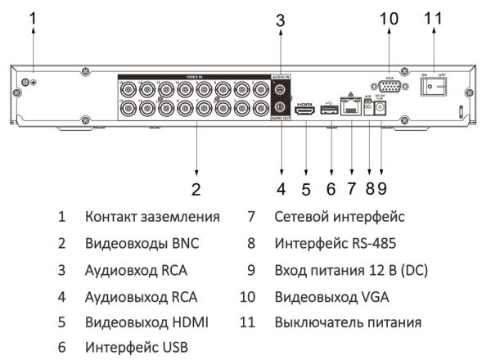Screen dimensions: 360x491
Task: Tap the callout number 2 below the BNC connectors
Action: [196, 190]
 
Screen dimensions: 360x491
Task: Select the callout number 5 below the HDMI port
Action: [306, 190]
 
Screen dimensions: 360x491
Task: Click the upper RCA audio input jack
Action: [281, 91]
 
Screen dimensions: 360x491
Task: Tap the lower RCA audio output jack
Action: [281, 107]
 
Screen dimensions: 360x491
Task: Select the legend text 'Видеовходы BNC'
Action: [141, 244]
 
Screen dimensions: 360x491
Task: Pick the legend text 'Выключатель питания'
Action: [348, 322]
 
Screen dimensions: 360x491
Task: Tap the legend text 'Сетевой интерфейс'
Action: [340, 218]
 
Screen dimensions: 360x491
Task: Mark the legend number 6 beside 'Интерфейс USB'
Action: [62, 348]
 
